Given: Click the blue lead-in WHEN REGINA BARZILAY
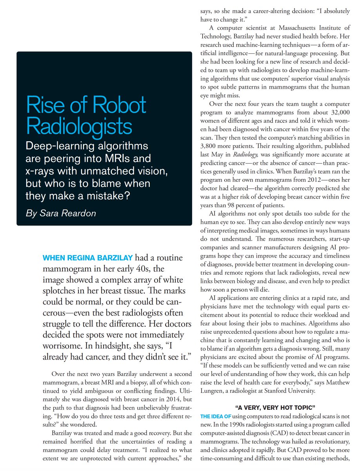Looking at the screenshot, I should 88,258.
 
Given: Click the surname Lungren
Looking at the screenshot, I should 212,391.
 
